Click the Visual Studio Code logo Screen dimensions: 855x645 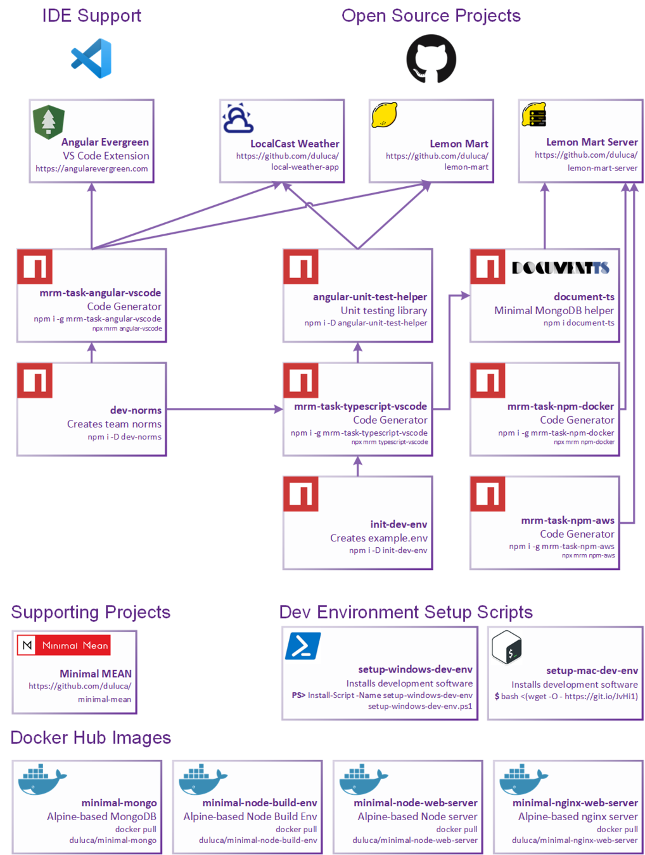92,58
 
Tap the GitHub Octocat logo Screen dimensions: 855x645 431,59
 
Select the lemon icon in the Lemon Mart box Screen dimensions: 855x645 384,115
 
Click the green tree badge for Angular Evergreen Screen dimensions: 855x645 49,121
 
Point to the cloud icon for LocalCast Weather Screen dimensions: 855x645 238,118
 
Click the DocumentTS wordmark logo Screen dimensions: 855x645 560,268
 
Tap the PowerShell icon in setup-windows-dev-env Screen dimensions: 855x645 303,646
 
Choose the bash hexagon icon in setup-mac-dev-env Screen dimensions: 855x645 507,647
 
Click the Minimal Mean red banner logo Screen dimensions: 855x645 64,645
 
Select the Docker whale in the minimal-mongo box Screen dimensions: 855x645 42,778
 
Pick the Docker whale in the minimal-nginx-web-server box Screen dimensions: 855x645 523,778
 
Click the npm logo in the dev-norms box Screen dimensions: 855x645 35,381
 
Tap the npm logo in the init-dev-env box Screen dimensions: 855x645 301,494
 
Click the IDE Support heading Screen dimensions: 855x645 92,16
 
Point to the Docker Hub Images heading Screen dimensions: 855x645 91,738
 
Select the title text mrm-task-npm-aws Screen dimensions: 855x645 568,521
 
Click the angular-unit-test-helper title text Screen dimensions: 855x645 370,297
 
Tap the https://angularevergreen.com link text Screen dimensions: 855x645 92,169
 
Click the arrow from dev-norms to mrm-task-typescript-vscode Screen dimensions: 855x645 224,410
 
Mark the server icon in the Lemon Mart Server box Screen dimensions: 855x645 534,115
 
